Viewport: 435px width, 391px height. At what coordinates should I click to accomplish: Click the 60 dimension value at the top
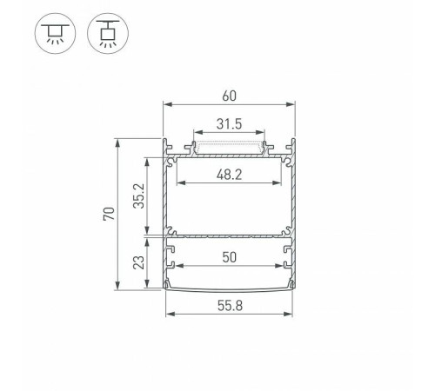click(x=230, y=96)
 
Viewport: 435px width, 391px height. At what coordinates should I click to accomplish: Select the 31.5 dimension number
click(x=230, y=123)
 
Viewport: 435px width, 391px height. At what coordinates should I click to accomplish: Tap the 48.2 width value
click(x=230, y=174)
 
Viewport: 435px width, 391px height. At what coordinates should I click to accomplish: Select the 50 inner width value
click(x=230, y=257)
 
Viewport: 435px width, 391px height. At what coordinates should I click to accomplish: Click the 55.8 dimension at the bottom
click(x=230, y=306)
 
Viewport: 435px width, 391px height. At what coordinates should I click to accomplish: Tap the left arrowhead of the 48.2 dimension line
click(x=180, y=184)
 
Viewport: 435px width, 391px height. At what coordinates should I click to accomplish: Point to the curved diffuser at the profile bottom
click(x=230, y=289)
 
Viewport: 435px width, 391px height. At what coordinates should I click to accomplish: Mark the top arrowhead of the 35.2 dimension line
click(x=157, y=160)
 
